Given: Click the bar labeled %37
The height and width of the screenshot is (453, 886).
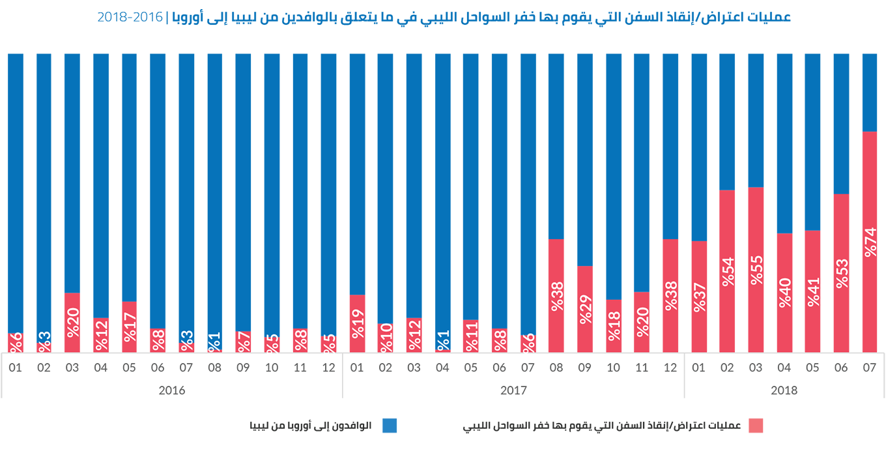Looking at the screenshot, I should (699, 296).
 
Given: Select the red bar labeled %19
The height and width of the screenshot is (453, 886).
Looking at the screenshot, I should (357, 323).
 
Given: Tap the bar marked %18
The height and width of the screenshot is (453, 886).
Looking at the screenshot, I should (613, 325).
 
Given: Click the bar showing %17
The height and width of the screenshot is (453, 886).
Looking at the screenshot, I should (130, 327).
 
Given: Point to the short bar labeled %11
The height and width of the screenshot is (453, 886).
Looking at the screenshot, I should (471, 336).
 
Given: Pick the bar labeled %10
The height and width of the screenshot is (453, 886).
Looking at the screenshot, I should (386, 337).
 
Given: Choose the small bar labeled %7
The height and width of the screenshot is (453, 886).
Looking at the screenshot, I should (243, 341).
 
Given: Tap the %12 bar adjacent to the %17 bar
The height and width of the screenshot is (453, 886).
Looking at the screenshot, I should (101, 334).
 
